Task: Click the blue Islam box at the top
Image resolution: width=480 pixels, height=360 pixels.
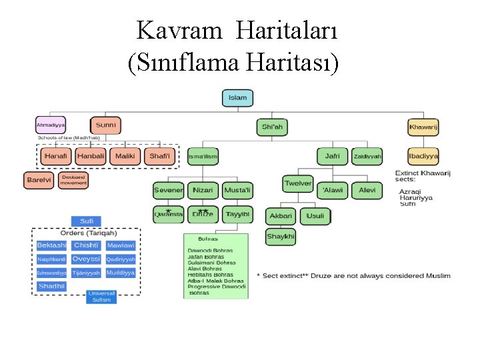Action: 237,98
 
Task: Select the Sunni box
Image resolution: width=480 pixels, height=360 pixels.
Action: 106,125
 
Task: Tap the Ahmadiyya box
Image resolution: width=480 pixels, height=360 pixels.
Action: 51,125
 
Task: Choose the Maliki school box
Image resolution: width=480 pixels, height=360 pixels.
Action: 125,157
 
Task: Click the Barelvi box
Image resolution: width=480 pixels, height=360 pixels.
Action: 39,180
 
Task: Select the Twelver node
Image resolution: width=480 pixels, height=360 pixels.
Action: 297,183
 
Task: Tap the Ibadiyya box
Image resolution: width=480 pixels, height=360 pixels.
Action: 423,156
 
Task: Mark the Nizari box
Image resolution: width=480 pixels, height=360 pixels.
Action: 203,190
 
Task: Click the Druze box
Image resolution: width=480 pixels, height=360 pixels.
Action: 203,214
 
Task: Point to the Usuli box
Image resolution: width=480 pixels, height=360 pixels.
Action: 315,216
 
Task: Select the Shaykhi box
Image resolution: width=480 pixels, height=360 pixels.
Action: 281,237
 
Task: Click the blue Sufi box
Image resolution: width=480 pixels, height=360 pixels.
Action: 87,221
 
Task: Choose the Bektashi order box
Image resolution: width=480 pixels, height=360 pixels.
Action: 51,245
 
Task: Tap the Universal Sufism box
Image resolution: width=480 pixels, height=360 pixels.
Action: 101,297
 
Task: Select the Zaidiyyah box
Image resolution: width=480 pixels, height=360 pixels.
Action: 368,157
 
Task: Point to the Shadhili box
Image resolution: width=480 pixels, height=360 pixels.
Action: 51,286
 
